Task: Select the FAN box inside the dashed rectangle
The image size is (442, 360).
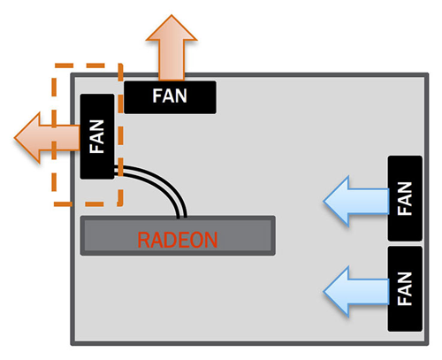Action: point(97,136)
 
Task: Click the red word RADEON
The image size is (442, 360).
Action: point(178,239)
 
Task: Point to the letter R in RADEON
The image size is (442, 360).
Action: point(143,239)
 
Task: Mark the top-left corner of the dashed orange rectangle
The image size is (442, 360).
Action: point(55,65)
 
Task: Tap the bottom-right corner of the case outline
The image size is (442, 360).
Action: point(422,342)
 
